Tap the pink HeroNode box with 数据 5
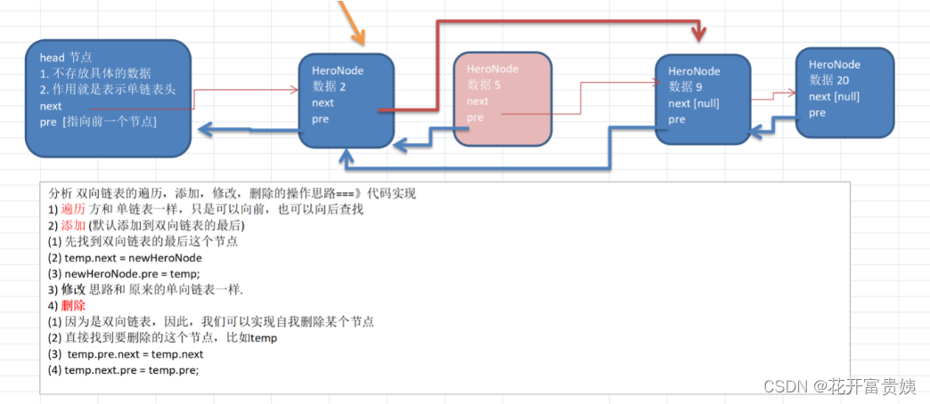[502, 99]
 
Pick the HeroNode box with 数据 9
[702, 99]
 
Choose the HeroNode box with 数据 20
[844, 93]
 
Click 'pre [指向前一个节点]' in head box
[98, 121]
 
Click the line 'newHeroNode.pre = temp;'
[124, 273]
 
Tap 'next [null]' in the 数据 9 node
[694, 103]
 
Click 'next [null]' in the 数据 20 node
[834, 96]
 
